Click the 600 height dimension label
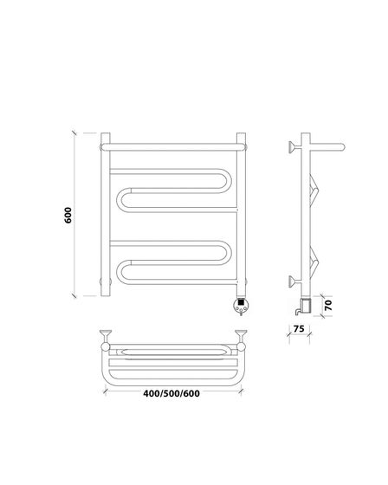coord(68,215)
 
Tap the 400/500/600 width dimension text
coord(171,393)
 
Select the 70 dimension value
coord(328,305)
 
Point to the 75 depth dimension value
coord(299,328)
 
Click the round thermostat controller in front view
coord(241,305)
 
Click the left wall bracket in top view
coord(106,339)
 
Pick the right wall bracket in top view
coord(241,339)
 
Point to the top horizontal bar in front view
coord(173,147)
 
